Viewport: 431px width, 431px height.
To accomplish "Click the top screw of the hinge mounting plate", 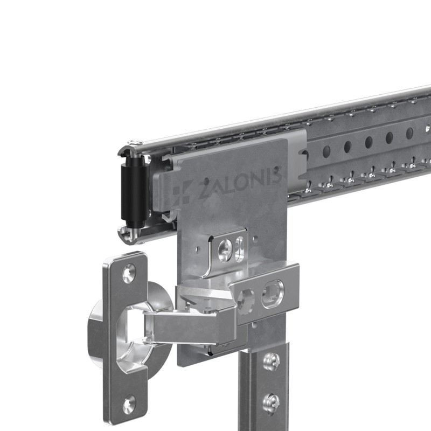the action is point(129,273).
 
